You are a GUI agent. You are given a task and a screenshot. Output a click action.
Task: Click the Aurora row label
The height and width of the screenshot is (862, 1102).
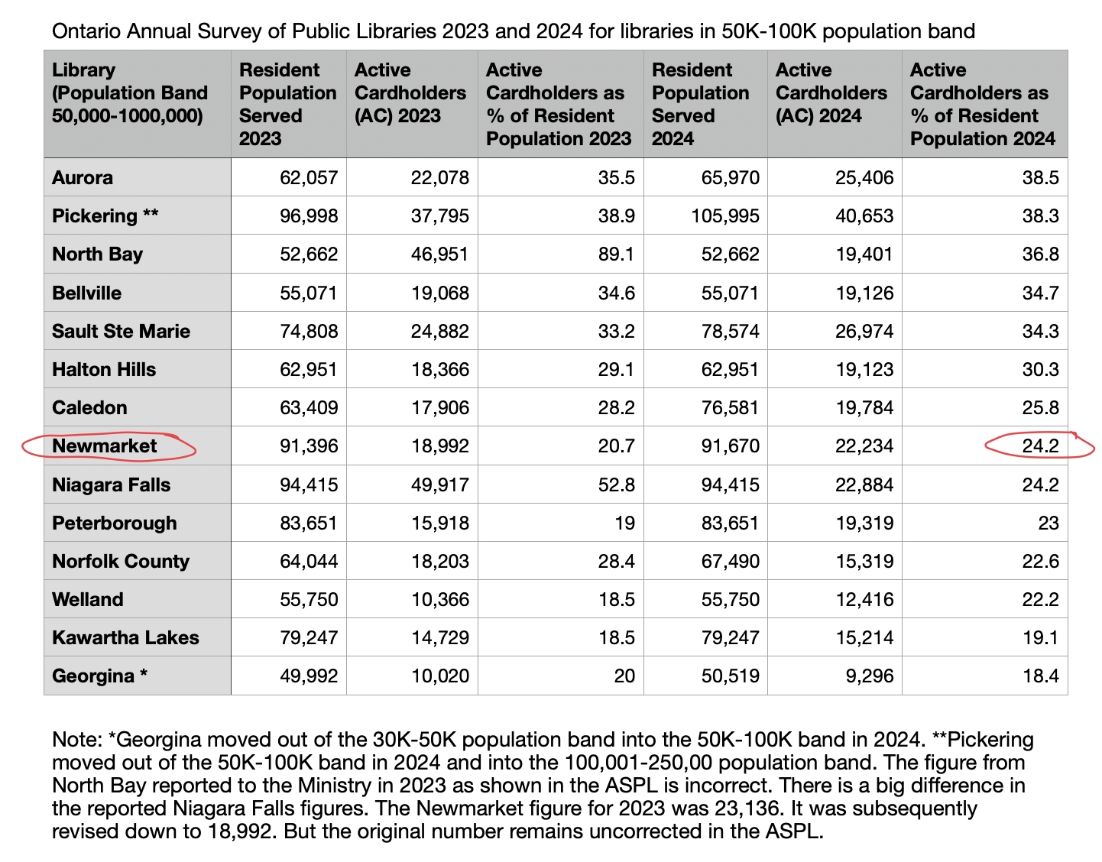pos(83,178)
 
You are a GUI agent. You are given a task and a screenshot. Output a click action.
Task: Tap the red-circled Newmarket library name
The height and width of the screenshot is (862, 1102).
pos(105,446)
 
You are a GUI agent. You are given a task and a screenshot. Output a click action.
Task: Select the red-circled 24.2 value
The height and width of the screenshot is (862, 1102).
pos(1040,446)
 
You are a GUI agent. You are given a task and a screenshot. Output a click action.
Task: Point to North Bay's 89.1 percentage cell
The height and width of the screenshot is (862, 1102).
pos(616,254)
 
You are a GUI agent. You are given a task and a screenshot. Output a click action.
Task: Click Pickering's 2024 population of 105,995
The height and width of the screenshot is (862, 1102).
pos(725,216)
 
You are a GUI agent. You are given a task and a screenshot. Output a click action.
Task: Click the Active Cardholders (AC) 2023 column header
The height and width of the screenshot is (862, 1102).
pos(410,93)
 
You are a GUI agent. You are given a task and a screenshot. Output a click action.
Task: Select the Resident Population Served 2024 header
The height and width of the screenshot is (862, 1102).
pos(700,105)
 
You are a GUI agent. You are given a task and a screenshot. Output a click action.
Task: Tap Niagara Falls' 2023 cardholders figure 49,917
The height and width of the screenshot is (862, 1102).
pos(439,485)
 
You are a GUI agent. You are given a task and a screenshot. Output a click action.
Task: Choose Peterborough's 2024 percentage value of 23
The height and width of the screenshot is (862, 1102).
pos(1048,523)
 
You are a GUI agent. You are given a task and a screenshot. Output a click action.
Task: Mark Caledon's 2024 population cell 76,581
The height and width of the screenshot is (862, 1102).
pos(731,408)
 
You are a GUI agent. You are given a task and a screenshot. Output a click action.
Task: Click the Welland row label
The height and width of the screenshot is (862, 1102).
pos(88,600)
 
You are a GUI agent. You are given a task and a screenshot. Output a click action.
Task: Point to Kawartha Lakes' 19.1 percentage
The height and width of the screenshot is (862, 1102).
pos(1040,638)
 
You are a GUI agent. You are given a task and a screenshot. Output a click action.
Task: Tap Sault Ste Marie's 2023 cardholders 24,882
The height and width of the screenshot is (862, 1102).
pos(439,332)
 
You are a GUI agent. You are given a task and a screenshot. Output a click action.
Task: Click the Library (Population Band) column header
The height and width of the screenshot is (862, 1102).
pos(130,93)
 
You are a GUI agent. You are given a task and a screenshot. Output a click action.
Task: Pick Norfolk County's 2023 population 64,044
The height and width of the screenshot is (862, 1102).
pos(309,562)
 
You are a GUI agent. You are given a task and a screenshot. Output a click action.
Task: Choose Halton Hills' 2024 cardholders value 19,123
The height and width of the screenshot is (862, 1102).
pos(864,370)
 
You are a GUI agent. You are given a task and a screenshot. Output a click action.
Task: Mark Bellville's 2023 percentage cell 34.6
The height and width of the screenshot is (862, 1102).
pos(616,293)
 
